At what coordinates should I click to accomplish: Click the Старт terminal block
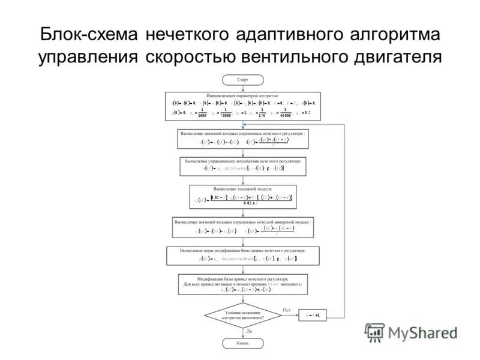(242, 79)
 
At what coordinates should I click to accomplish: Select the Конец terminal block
(242, 343)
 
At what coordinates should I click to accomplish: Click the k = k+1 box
(314, 315)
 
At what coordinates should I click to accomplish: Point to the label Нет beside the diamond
(286, 310)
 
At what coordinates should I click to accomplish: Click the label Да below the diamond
(248, 331)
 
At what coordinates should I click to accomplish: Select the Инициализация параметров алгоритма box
(243, 107)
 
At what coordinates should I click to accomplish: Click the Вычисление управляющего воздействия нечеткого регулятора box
(243, 166)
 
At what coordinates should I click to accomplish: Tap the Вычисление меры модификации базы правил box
(242, 255)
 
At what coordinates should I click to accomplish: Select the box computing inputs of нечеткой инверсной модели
(242, 227)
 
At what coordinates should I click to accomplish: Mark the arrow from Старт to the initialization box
(242, 88)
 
